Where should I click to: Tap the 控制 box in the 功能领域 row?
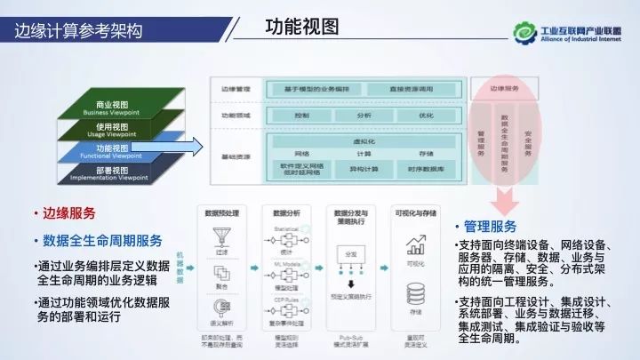[x=300, y=116]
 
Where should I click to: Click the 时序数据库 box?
[x=425, y=167]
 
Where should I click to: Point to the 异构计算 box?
[x=363, y=167]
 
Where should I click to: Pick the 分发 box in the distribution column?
[x=350, y=254]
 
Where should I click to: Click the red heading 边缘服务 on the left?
[x=68, y=214]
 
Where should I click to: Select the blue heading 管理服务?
[x=491, y=226]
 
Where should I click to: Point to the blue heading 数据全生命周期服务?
[x=102, y=240]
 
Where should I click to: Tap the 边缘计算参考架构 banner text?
[x=78, y=32]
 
